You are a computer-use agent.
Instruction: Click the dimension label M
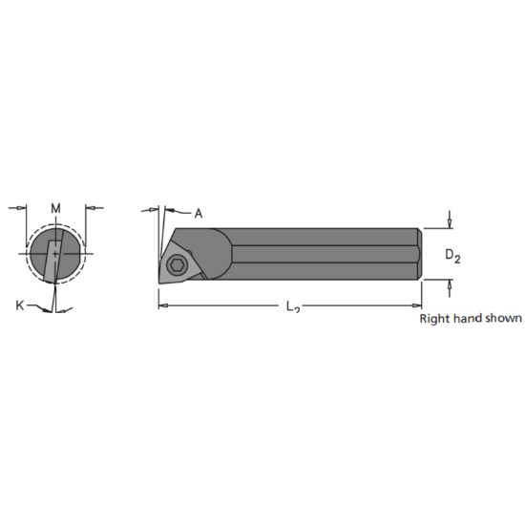55,208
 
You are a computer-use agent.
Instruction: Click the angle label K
20,305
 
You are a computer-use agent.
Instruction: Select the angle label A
199,214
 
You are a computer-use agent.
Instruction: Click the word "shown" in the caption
504,319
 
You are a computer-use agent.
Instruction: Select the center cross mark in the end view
55,255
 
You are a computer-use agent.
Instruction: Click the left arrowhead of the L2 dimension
163,305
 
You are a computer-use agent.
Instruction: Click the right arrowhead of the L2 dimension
416,305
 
